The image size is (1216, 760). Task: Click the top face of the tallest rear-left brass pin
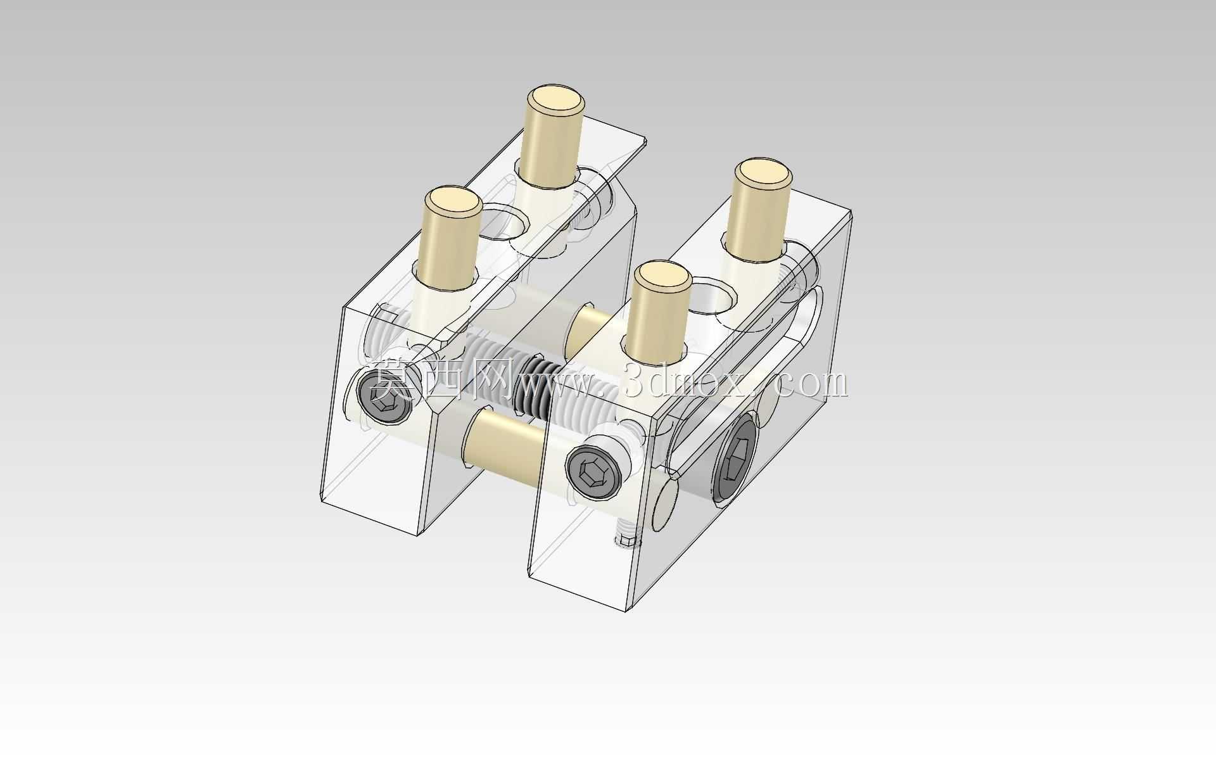[556, 99]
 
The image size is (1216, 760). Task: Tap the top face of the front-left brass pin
[453, 203]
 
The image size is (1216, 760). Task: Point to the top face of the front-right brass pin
[662, 277]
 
